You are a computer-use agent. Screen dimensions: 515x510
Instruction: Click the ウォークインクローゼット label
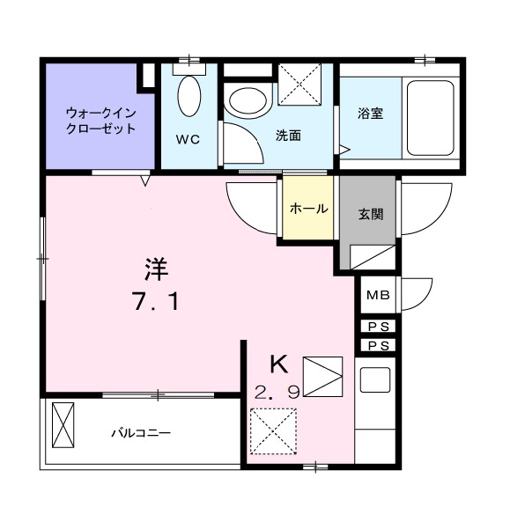pos(100,121)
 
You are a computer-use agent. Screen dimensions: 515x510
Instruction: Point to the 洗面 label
pos(288,136)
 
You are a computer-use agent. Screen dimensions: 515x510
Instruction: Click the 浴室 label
pos(370,114)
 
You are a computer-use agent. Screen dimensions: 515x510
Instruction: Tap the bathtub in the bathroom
pos(428,116)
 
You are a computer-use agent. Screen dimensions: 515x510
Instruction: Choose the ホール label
pos(308,209)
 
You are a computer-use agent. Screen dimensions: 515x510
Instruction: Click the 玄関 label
pos(369,213)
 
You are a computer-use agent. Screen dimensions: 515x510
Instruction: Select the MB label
pos(379,296)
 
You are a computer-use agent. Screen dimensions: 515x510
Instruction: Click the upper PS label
pos(379,327)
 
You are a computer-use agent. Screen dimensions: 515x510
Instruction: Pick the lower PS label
pos(379,345)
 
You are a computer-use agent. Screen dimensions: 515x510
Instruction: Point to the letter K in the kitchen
pos(278,363)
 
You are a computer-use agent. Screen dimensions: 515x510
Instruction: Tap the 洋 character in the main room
pos(155,267)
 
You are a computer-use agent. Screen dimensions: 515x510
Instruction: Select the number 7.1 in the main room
pos(156,302)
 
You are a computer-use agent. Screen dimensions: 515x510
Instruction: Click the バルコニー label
pos(140,433)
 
